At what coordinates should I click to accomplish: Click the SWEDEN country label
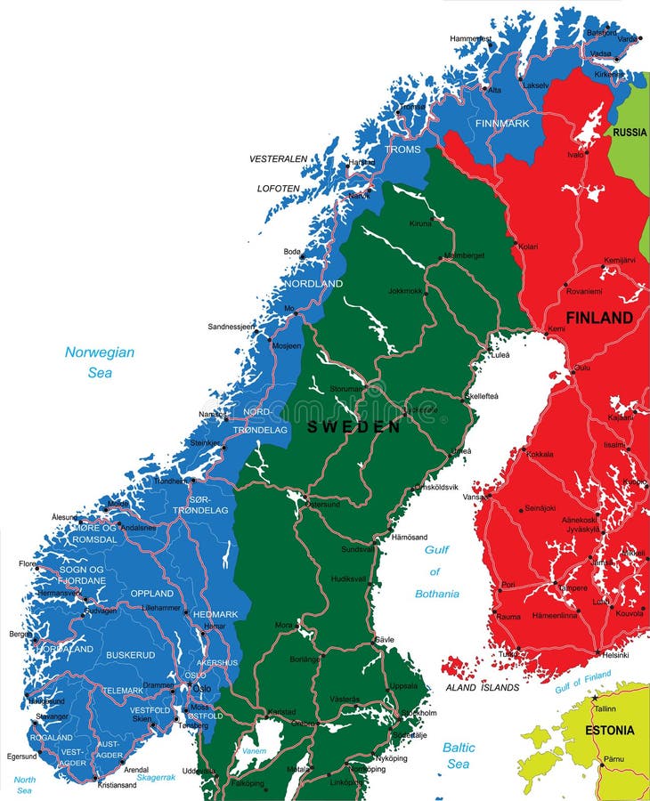pyautogui.click(x=353, y=427)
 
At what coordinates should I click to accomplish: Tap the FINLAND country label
pyautogui.click(x=599, y=318)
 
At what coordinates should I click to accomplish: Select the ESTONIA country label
pyautogui.click(x=610, y=731)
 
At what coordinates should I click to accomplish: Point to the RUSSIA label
pyautogui.click(x=630, y=133)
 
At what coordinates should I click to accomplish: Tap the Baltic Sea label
pyautogui.click(x=459, y=756)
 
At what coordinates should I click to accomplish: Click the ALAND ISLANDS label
pyautogui.click(x=482, y=688)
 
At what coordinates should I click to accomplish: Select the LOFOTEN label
pyautogui.click(x=279, y=189)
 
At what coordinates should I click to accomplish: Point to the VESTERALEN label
pyautogui.click(x=278, y=159)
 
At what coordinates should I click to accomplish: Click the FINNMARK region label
pyautogui.click(x=502, y=123)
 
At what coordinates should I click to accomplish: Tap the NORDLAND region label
pyautogui.click(x=313, y=284)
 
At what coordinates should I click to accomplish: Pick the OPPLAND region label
pyautogui.click(x=152, y=594)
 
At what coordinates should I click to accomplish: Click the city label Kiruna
pyautogui.click(x=419, y=223)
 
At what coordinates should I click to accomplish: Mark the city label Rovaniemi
pyautogui.click(x=584, y=289)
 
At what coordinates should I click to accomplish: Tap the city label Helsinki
pyautogui.click(x=615, y=655)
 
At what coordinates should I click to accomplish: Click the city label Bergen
pyautogui.click(x=19, y=635)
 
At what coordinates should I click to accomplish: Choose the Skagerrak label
pyautogui.click(x=156, y=777)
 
